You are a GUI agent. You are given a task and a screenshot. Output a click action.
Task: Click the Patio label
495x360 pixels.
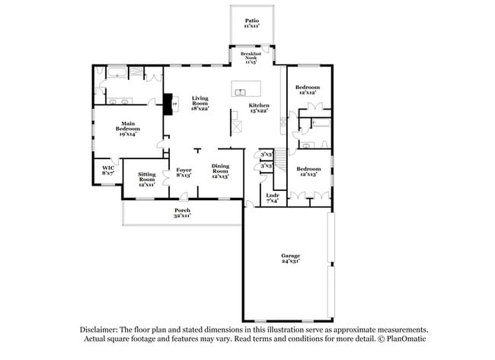tap(251, 24)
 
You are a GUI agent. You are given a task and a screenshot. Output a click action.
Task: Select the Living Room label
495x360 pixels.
tap(200, 104)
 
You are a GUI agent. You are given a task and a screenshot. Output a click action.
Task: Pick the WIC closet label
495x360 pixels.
tap(107, 170)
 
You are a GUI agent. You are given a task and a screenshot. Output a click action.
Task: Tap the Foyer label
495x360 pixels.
tap(184, 173)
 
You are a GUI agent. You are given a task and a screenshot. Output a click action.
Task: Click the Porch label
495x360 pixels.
tap(182, 212)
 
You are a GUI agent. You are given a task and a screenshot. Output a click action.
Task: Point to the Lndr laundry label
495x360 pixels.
tap(272, 197)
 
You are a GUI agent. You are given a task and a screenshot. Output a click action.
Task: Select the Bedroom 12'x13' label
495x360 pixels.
tap(308, 171)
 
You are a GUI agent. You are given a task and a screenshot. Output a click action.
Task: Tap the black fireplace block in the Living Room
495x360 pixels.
tap(168, 104)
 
